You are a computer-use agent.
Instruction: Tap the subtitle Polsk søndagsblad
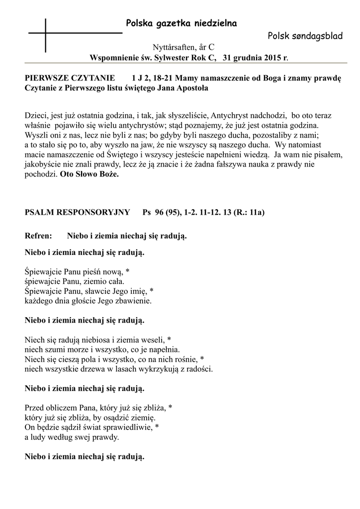coord(305,36)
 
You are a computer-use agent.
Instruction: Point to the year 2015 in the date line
coord(268,58)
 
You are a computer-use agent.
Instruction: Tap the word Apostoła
coord(191,88)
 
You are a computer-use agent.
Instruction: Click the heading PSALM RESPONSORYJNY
coord(77,213)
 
